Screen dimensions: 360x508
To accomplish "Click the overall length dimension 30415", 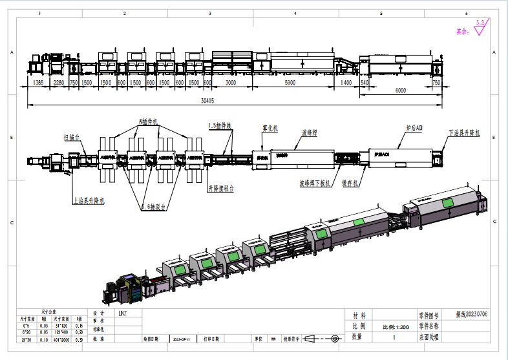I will click(x=207, y=101).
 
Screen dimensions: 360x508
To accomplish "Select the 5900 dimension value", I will click(x=290, y=83).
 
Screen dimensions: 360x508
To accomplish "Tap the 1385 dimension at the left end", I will click(x=38, y=83).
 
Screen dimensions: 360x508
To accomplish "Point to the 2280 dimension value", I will click(x=59, y=83).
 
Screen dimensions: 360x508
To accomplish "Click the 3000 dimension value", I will click(x=231, y=83).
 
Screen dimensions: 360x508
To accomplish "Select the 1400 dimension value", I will click(x=346, y=83).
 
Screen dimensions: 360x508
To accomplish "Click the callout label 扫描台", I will click(x=71, y=137).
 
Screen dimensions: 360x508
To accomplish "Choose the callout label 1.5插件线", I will click(x=220, y=125).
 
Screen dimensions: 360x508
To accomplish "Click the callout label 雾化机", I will click(x=270, y=129).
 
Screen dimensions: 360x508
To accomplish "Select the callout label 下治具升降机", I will click(x=464, y=133).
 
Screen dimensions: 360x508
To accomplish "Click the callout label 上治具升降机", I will click(x=89, y=200).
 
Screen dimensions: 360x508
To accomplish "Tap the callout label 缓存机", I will click(x=351, y=183).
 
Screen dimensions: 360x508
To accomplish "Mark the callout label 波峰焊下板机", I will click(x=315, y=183).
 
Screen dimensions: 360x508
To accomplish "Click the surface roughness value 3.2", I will click(x=480, y=23).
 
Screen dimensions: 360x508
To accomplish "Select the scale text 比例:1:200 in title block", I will click(x=394, y=327).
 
